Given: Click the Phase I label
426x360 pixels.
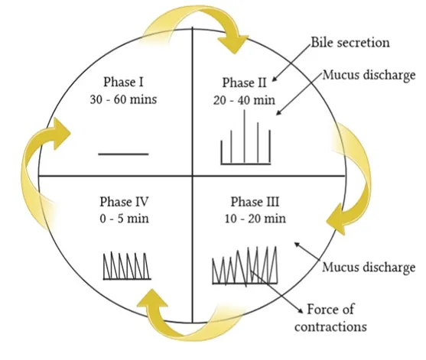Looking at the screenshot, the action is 123,82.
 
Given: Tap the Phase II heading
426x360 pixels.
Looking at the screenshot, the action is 245,83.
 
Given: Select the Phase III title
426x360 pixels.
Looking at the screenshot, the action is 255,202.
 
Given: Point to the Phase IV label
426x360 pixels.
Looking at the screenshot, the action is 124,202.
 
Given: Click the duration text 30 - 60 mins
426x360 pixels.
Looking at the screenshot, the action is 123,99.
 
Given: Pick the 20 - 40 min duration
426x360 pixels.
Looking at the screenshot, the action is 244,100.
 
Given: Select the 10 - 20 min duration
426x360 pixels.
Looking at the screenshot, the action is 255,219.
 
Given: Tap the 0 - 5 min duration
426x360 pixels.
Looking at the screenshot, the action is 125,219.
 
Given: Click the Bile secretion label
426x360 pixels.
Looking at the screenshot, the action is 350,43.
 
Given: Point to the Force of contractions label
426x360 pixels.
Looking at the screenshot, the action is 330,318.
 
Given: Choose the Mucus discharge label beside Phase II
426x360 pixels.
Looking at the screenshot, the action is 369,76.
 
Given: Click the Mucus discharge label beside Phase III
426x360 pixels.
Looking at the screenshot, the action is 369,268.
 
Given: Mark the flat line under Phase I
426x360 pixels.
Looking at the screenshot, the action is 123,154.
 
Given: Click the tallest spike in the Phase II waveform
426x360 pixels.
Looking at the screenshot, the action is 244,137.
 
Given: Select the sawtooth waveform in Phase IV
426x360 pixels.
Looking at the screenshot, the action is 127,266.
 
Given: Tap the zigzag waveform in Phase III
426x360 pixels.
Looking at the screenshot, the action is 245,265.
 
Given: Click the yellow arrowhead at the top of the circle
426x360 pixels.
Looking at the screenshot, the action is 233,44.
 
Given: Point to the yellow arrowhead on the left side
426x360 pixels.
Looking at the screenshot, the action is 62,134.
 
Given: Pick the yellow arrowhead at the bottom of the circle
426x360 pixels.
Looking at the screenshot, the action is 153,298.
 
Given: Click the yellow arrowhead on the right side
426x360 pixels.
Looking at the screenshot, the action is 336,219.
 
